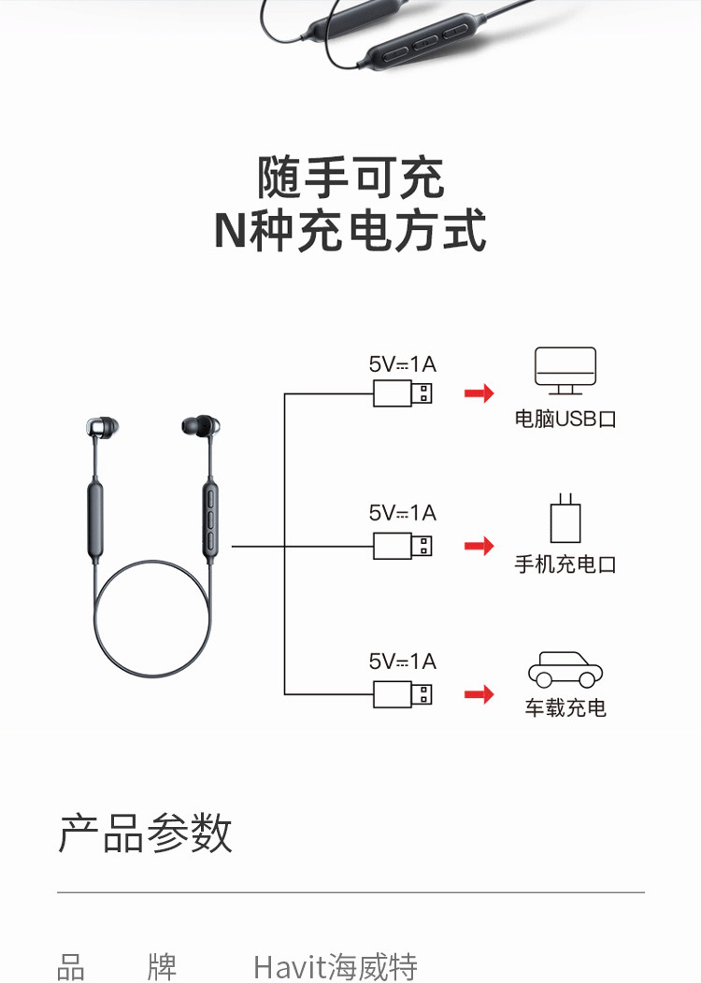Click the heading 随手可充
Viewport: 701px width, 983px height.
coord(350,178)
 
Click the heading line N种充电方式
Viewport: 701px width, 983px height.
coord(350,231)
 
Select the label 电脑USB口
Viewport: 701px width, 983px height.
coord(565,418)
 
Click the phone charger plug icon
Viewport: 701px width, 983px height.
coord(565,519)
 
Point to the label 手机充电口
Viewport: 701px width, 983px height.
coord(565,564)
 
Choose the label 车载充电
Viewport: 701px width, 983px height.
coord(565,708)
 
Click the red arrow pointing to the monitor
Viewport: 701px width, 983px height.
coord(479,393)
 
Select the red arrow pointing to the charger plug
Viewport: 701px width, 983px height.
coord(479,546)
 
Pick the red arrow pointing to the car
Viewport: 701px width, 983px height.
coord(479,694)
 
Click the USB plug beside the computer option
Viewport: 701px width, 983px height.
coord(403,393)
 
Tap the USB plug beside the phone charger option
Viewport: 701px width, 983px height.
coord(403,546)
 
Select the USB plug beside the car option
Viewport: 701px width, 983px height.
coord(403,694)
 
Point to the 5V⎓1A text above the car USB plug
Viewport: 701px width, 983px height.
coord(402,662)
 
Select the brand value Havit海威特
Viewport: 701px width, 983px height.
coord(335,967)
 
